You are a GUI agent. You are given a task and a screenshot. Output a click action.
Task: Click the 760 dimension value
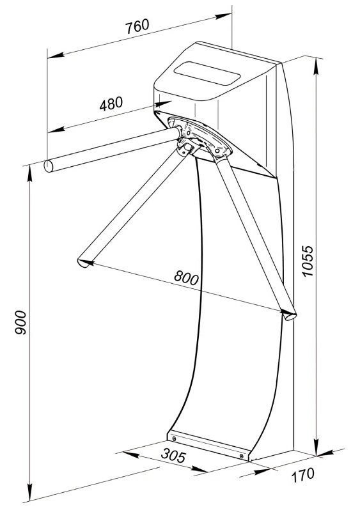tap(137, 26)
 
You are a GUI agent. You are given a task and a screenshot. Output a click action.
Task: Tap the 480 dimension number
tap(111, 104)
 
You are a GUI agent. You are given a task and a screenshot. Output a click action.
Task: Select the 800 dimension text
tap(186, 278)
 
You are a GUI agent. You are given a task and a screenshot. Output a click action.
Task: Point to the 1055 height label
tap(308, 261)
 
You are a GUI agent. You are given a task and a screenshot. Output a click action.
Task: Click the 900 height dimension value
tap(20, 322)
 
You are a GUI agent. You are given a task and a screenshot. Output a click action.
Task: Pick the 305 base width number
tap(173, 455)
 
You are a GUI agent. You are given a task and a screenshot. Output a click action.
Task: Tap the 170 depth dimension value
tap(303, 475)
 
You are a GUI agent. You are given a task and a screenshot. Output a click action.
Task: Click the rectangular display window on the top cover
tap(207, 74)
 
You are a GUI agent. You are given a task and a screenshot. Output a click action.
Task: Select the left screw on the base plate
tap(174, 438)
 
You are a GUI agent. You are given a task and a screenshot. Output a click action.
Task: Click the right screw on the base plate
tap(242, 456)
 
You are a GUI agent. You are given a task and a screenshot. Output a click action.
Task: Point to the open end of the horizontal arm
tap(49, 166)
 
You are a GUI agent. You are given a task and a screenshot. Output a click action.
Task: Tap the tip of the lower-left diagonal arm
tap(84, 263)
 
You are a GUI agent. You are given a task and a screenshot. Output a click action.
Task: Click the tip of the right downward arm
tap(289, 316)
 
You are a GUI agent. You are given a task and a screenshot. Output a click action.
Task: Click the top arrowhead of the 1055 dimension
tap(316, 66)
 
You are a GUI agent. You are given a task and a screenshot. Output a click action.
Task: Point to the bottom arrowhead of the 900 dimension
tap(30, 492)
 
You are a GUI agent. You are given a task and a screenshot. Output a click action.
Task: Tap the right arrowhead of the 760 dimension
tap(223, 16)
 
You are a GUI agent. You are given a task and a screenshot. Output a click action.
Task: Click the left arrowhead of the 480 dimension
tap(56, 130)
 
